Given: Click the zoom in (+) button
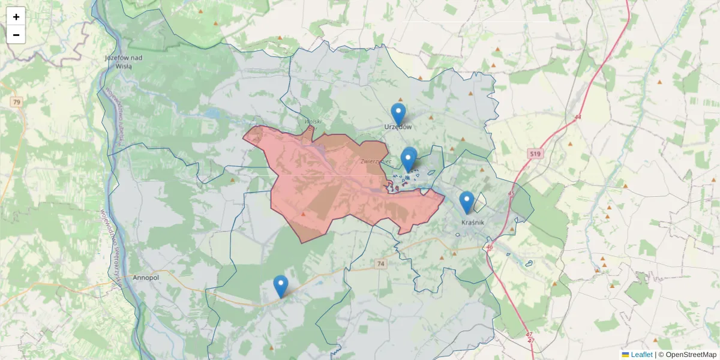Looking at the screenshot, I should pos(16,17).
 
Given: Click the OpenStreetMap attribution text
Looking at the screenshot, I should pos(691,355).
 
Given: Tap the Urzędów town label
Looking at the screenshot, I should pos(398,127).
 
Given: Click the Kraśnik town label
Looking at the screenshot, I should pos(473,222).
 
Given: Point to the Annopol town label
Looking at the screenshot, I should pos(146,278).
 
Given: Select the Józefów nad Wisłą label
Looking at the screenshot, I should pos(123,62).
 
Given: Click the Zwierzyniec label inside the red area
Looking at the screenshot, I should pos(376,161).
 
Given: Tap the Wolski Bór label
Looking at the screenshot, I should pos(314,124).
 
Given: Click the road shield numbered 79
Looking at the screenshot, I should pos(16,103).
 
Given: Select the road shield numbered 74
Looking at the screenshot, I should pos(380,263).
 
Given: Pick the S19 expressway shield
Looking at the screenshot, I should pos(535,154).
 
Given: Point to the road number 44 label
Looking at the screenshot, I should pos(577,117).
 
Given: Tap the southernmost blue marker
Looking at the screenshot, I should pos(280,286).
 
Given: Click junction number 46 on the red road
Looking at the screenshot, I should pos(490,247).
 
